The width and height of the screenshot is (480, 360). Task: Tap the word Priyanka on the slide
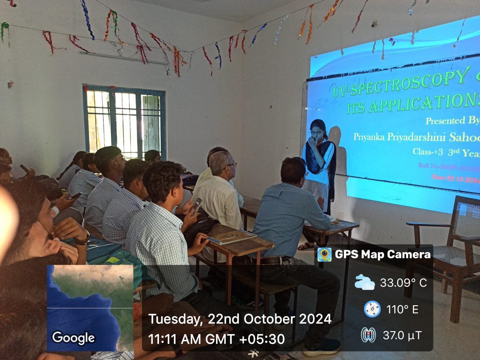369,137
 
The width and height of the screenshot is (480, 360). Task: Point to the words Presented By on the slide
452,120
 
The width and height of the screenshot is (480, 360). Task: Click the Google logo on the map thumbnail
73,337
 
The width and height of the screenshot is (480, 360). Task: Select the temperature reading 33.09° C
403,283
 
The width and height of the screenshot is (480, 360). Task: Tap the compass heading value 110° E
402,309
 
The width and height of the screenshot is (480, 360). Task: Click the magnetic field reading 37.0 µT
402,335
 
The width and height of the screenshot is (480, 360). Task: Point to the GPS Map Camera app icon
324,255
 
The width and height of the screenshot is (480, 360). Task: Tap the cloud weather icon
364,282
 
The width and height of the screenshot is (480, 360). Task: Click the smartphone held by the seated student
195,207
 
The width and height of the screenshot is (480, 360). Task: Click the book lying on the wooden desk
232,237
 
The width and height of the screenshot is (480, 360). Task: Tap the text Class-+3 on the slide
427,151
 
